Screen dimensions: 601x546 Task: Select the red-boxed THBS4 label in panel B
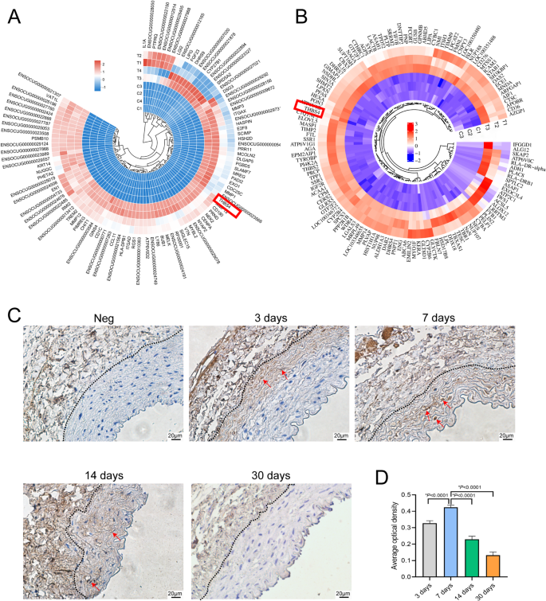[309, 111]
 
